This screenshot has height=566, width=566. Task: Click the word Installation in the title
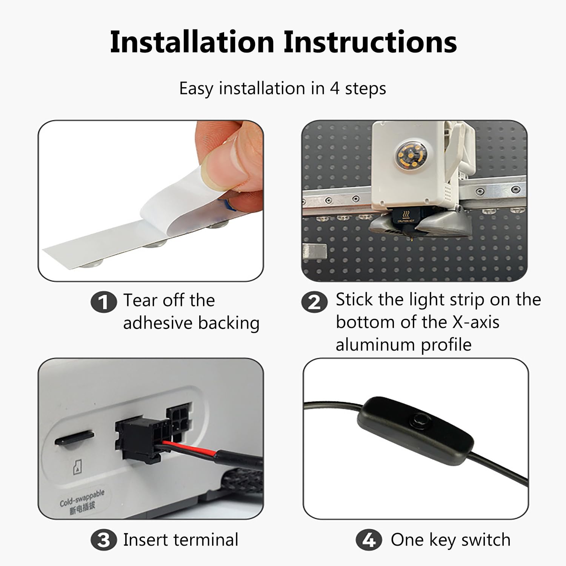coord(192,42)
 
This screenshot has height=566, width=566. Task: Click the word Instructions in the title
coord(370,42)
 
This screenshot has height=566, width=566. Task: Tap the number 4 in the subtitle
coord(334,89)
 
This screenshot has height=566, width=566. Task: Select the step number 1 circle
coord(103,302)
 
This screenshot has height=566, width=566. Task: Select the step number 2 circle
coord(314,302)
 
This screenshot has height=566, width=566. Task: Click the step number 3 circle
coord(103,540)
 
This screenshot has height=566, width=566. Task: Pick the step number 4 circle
coord(369,540)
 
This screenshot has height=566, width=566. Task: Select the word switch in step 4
coord(486,540)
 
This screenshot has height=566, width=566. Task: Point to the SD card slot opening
coord(74,439)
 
